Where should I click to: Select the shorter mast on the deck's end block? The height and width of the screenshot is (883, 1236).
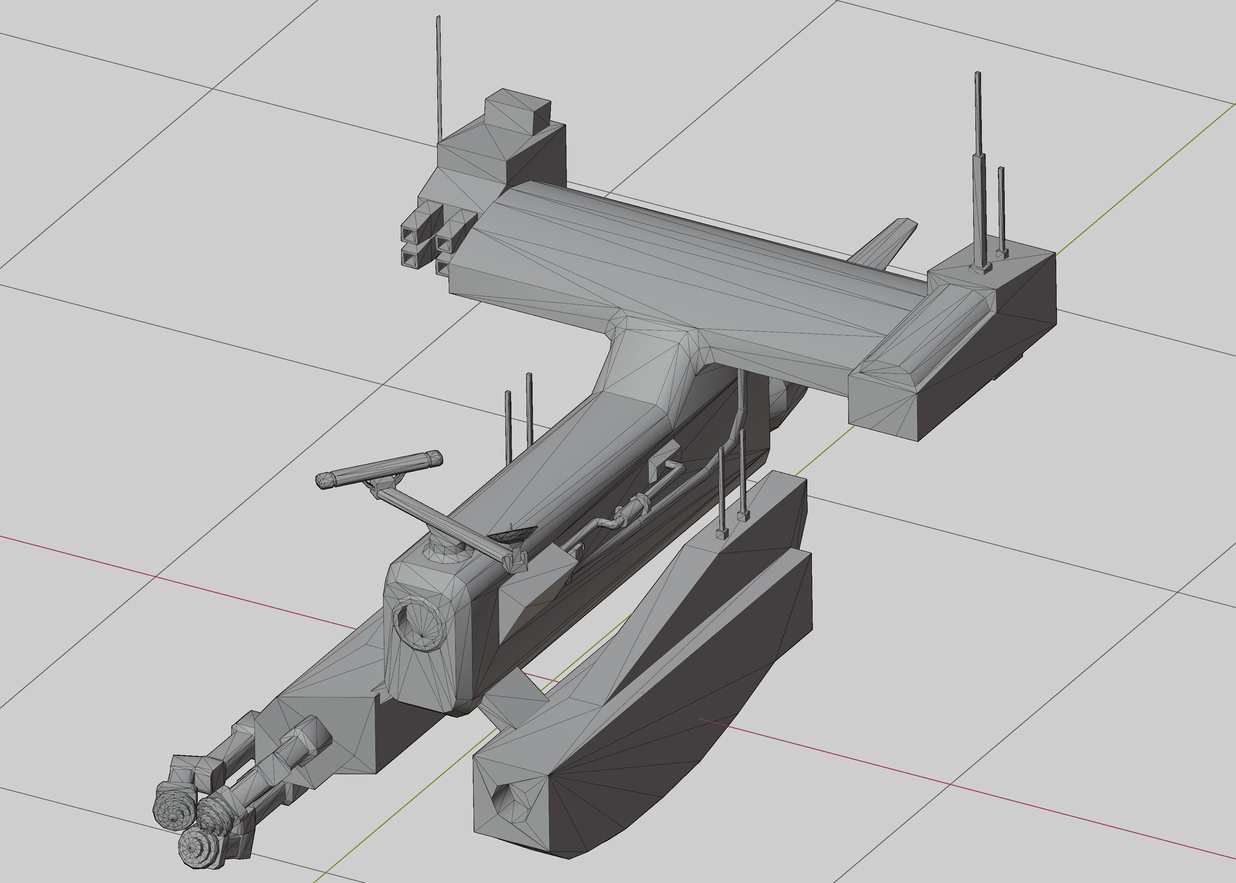tap(1001, 212)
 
